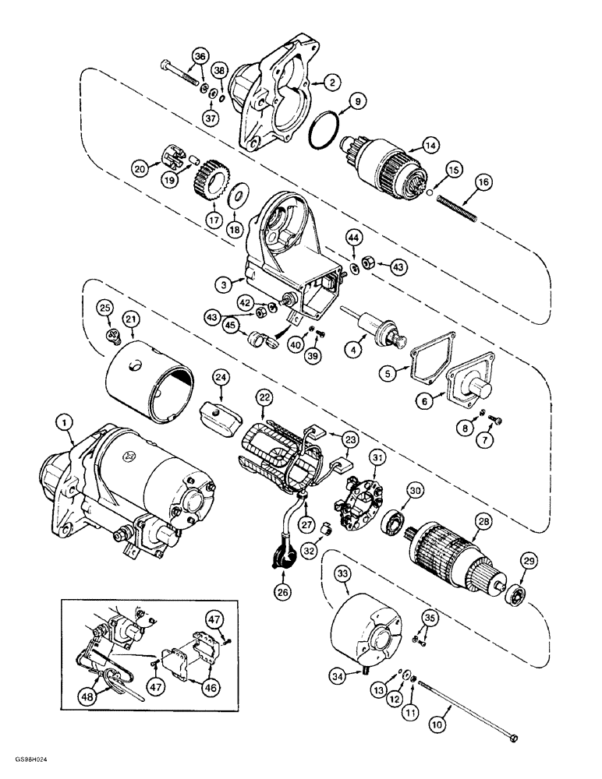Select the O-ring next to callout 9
tap(325, 127)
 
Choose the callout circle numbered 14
tap(430, 143)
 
